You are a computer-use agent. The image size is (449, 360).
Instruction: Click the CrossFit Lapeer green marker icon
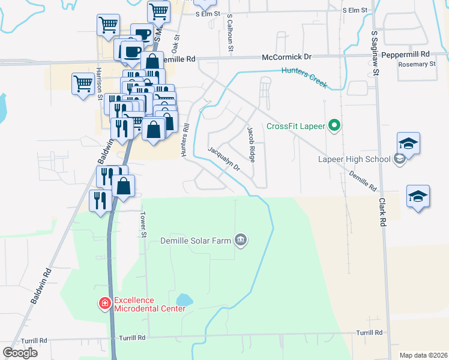point(336,126)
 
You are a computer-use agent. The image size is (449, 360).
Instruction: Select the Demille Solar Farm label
point(196,241)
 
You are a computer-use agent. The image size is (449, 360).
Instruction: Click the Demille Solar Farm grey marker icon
point(241,241)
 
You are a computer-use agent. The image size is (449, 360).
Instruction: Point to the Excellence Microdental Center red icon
point(105,304)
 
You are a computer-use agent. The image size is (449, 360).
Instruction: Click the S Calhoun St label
point(230,34)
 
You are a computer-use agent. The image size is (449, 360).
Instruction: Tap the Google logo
point(20,353)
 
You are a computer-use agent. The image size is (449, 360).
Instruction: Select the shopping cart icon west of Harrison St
point(82,83)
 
